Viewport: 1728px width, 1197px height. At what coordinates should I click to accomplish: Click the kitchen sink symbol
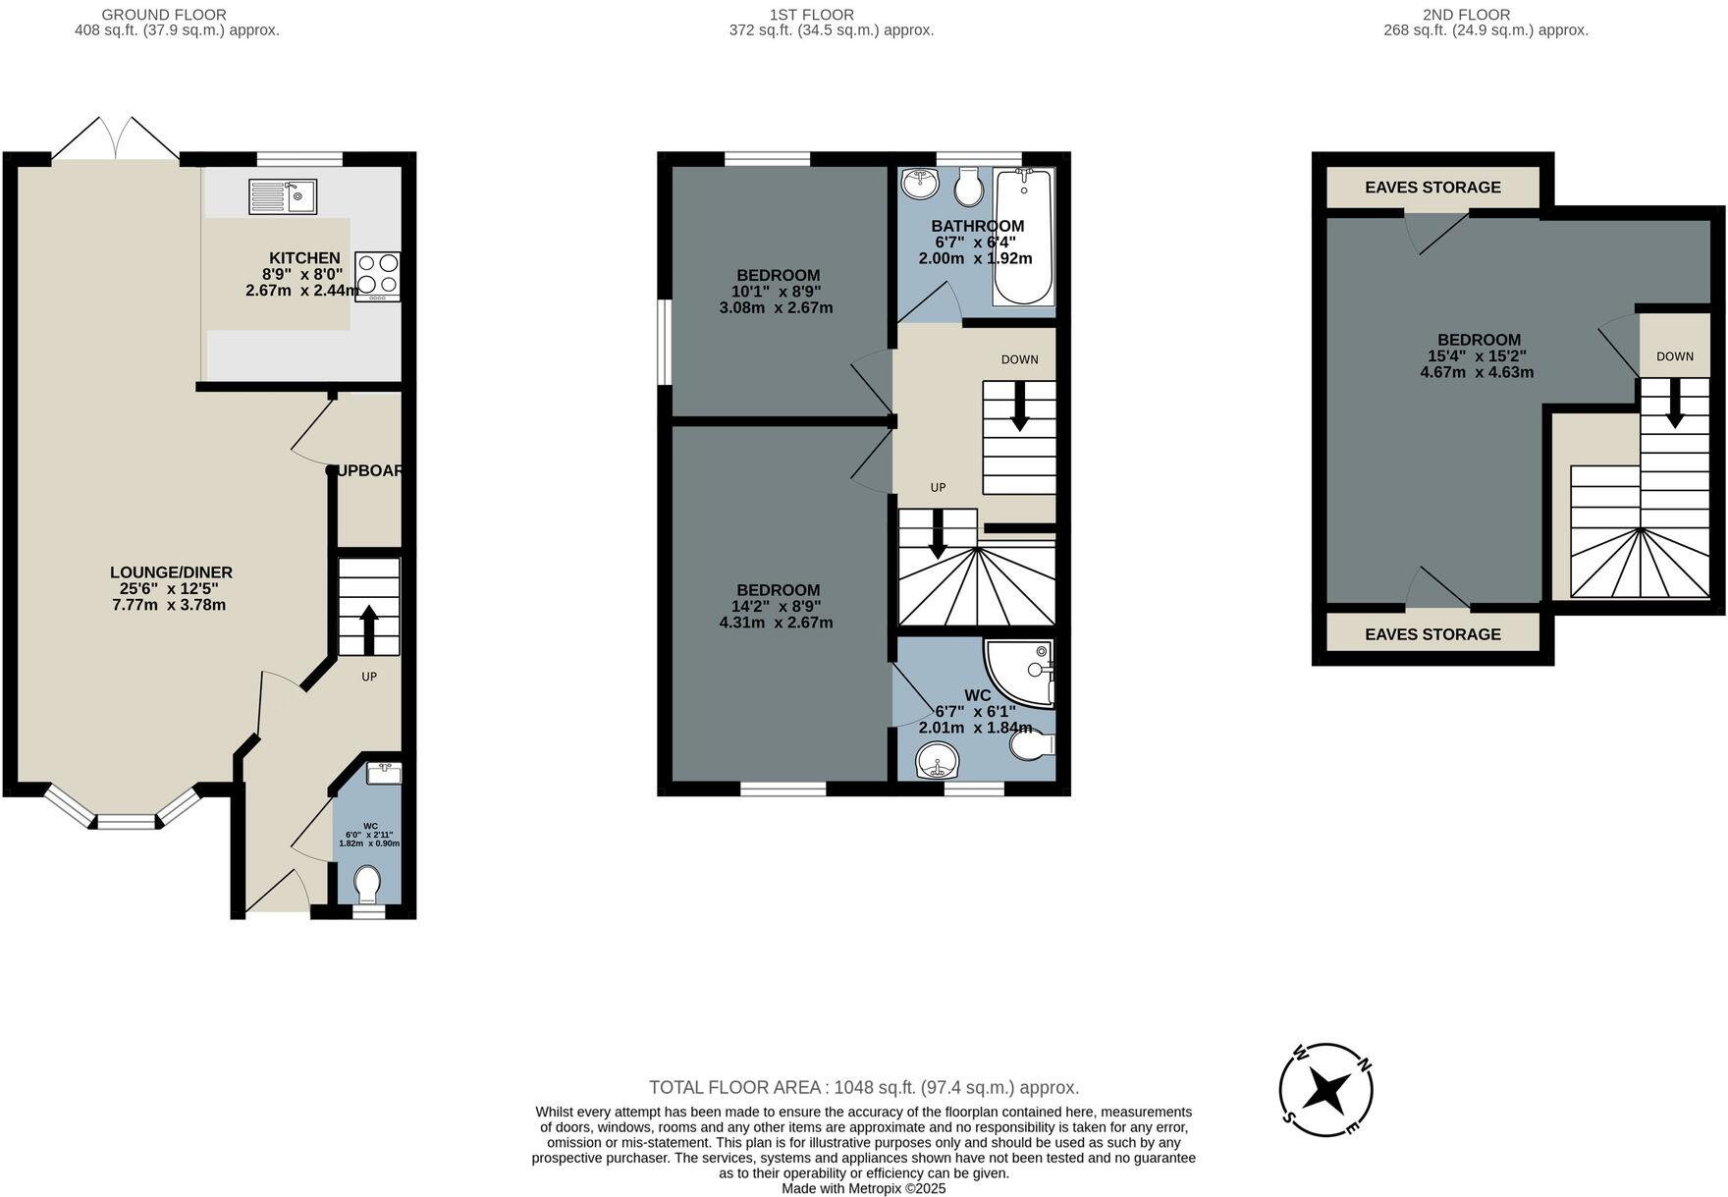coord(283,196)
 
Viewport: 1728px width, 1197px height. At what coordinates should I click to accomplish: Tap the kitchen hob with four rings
coord(377,275)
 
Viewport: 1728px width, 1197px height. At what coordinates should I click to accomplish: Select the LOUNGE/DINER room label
coord(171,572)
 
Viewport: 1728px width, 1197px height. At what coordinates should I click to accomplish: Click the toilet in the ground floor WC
coord(367,884)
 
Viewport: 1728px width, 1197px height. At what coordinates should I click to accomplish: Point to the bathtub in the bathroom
coord(1024,236)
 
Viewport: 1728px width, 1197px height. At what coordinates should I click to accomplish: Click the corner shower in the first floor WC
coord(1022,673)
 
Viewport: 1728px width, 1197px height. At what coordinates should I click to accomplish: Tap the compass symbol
coord(1326,1090)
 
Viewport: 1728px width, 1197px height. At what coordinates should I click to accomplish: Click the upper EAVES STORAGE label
coord(1432,187)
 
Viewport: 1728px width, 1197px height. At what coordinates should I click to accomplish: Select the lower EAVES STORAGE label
coord(1432,634)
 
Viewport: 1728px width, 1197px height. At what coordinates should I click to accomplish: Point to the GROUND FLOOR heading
coord(164,15)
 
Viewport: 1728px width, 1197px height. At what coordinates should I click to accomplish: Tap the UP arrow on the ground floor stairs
coord(369,628)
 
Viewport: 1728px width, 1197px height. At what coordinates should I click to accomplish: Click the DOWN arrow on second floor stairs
coord(1674,403)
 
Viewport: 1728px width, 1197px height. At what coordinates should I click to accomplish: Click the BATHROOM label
coord(977,226)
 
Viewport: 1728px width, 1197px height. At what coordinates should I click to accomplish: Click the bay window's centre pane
coord(126,822)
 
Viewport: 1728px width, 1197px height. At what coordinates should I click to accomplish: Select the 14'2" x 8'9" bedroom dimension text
coord(776,606)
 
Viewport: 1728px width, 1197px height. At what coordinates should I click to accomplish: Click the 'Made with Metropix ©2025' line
coord(863,1188)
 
